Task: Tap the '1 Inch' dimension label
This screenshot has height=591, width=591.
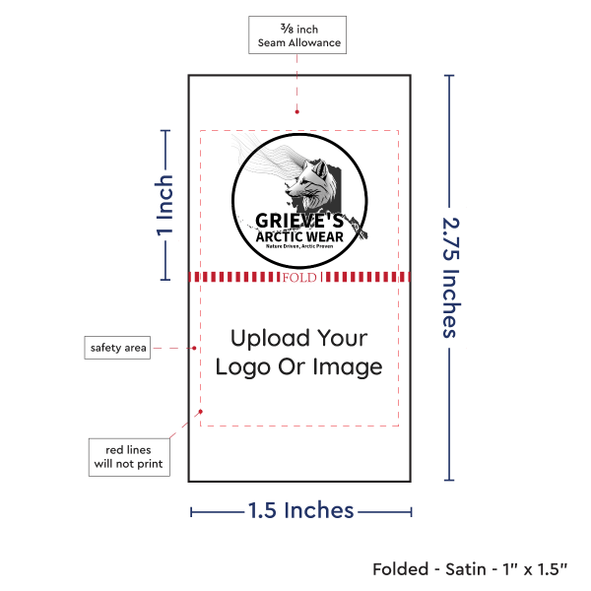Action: point(164,206)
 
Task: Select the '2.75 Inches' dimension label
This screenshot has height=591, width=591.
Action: point(451,278)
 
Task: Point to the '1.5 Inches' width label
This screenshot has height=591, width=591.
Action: point(300,510)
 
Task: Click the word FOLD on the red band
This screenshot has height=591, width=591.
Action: point(299,278)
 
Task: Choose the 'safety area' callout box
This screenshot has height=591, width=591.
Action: point(118,347)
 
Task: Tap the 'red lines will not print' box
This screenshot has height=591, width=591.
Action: point(129,457)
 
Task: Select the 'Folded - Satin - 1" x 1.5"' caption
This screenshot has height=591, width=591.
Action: point(469,569)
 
